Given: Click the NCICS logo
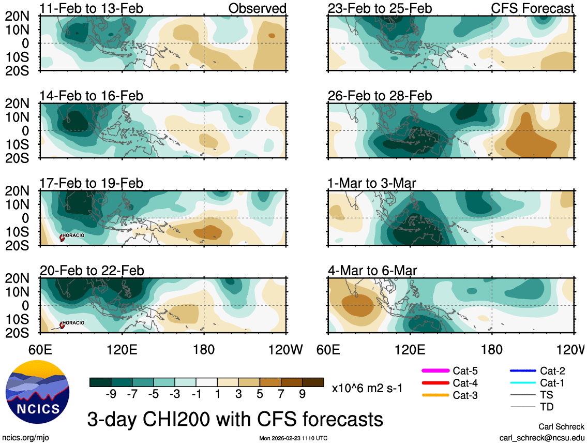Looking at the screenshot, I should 36,392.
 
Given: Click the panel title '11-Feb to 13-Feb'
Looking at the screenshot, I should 91,9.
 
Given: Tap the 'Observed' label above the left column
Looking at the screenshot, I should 257,9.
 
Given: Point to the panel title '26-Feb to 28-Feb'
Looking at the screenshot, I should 380,96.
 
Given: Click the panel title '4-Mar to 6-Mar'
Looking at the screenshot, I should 372,271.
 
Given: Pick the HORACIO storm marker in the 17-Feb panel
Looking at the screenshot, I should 62,238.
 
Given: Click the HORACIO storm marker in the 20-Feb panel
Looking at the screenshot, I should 62,325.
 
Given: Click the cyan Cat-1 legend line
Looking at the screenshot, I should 522,383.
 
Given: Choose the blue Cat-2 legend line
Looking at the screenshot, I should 522,370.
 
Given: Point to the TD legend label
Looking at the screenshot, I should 547,407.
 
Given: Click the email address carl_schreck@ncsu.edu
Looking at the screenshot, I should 541,438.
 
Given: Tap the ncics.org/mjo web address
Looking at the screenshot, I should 25,438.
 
